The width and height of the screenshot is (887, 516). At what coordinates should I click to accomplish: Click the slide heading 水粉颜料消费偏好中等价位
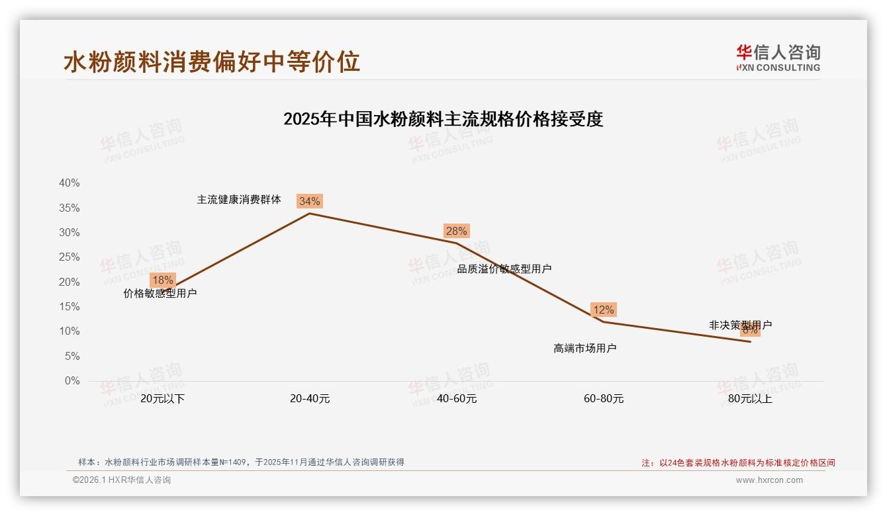tap(212, 62)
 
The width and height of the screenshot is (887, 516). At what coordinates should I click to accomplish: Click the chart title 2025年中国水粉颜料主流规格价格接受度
tap(443, 119)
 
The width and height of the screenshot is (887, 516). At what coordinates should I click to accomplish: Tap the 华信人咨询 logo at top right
tap(778, 58)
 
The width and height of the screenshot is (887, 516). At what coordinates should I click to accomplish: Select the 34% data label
tap(309, 201)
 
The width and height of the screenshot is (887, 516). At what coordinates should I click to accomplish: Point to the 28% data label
tap(456, 231)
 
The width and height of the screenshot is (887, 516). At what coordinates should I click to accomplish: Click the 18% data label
tap(162, 280)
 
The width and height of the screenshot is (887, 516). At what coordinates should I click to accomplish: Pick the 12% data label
tap(603, 310)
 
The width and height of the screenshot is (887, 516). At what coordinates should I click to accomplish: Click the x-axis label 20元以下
tap(162, 399)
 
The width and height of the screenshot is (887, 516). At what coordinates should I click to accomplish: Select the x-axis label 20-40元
tap(310, 399)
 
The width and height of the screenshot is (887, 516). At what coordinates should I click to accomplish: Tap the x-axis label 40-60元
tap(457, 399)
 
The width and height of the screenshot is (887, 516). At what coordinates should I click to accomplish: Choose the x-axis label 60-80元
tap(604, 399)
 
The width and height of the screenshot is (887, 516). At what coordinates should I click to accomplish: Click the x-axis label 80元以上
tap(750, 399)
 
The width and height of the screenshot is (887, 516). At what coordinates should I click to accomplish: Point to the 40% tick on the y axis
tap(70, 183)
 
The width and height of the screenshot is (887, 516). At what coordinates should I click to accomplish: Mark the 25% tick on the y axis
tap(70, 257)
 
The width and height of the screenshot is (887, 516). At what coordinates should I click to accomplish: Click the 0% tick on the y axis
tap(72, 381)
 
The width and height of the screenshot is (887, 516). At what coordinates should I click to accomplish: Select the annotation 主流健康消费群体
tap(239, 199)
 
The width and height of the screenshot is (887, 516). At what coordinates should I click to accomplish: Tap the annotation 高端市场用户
tap(584, 348)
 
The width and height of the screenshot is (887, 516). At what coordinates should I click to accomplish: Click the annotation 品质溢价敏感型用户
tap(504, 269)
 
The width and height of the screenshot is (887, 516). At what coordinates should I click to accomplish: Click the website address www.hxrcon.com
tap(769, 480)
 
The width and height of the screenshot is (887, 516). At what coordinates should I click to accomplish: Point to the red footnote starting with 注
tap(738, 463)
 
